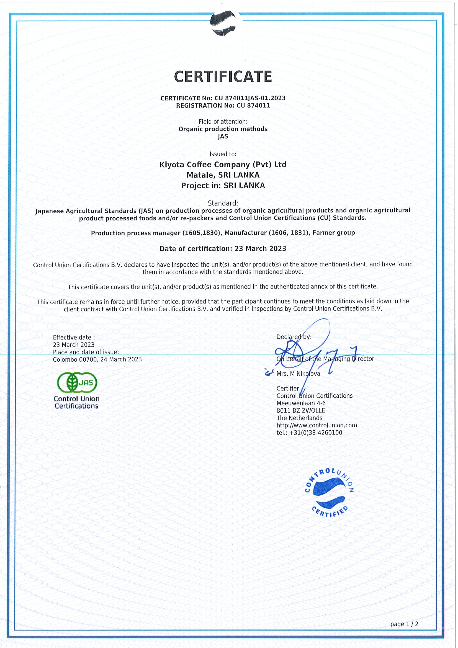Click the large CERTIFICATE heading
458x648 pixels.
[223, 76]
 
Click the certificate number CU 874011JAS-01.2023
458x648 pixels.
[250, 98]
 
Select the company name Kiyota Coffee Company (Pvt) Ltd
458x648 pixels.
[223, 164]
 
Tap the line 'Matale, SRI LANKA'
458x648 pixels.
[223, 175]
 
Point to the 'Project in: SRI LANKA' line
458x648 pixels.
[223, 186]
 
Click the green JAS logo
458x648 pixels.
[77, 382]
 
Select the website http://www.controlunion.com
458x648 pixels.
[317, 425]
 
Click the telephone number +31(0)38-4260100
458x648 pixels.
[315, 432]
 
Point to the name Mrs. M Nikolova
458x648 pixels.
[298, 374]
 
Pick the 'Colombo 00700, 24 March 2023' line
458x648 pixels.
[97, 359]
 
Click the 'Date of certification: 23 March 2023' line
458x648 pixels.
[223, 249]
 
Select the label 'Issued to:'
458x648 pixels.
[223, 154]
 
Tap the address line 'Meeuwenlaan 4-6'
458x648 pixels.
[301, 403]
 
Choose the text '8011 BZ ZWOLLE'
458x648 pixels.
[300, 410]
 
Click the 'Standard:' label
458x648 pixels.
[223, 203]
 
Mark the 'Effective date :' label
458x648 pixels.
[74, 337]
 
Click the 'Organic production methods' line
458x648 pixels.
[223, 129]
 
